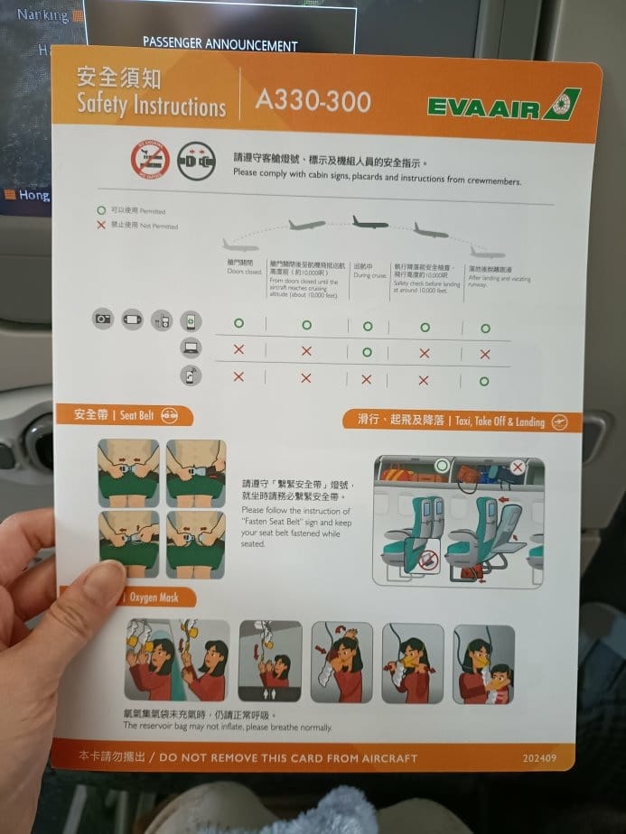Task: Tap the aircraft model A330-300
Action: click(x=313, y=100)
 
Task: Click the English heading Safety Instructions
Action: click(x=150, y=105)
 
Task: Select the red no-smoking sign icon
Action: click(x=150, y=160)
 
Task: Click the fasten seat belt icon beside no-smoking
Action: click(x=196, y=161)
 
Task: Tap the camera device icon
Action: click(x=103, y=319)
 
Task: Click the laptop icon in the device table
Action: click(x=191, y=347)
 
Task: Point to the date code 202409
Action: click(x=540, y=758)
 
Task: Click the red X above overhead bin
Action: click(x=517, y=467)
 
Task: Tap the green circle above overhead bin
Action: click(x=441, y=465)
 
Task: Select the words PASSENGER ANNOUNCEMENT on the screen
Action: click(x=220, y=44)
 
